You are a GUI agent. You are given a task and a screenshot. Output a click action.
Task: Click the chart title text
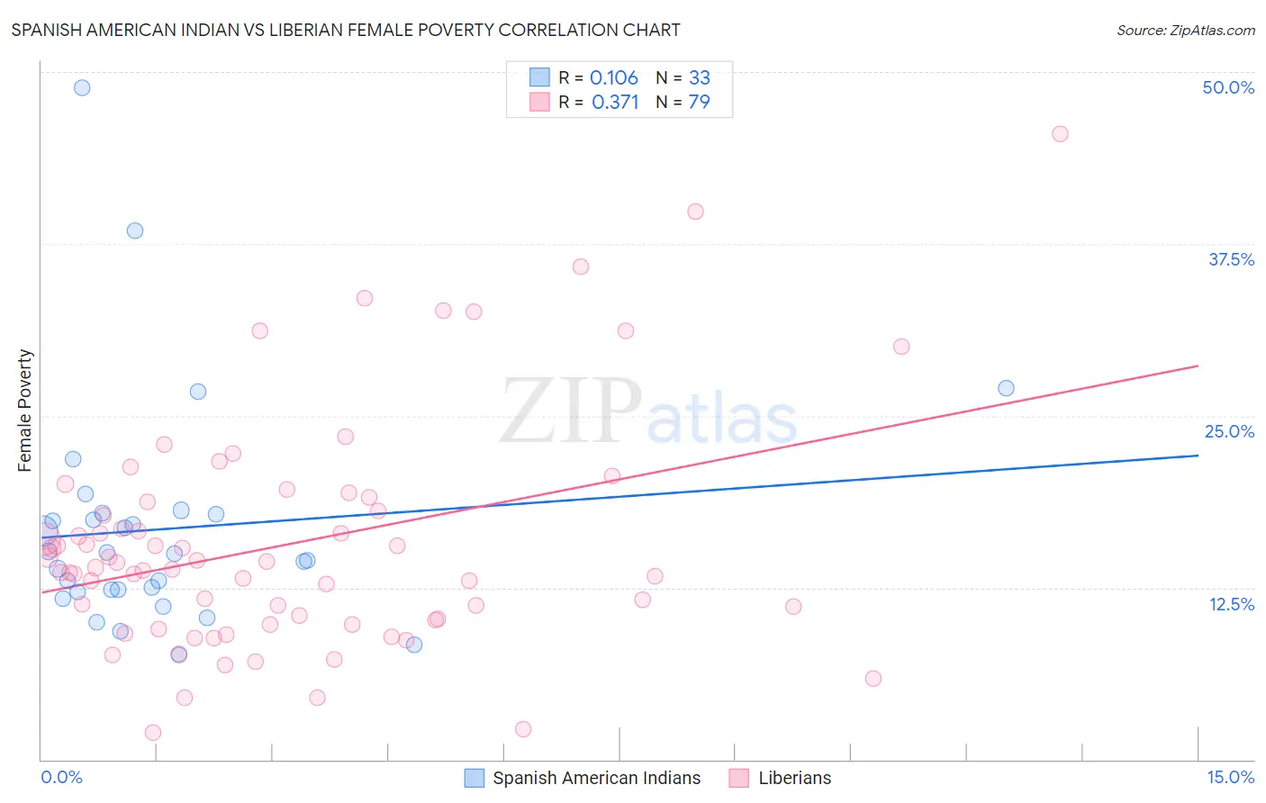click(x=346, y=30)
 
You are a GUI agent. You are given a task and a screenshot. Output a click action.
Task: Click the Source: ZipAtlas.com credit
click(x=1185, y=30)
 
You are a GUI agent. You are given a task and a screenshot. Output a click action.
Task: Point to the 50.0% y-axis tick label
click(x=1228, y=87)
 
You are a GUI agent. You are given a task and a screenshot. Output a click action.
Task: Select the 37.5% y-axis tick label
click(x=1231, y=259)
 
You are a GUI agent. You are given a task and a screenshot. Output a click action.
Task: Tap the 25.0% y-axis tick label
click(x=1229, y=431)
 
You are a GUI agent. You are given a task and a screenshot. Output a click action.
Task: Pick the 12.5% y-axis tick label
click(x=1231, y=604)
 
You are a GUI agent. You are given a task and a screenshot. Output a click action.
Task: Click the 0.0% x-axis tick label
click(x=61, y=777)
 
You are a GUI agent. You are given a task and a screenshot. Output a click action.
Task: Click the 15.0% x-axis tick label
click(x=1230, y=777)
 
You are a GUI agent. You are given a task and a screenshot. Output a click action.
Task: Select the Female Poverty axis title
click(x=24, y=411)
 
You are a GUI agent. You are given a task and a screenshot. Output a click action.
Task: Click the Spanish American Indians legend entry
click(x=596, y=778)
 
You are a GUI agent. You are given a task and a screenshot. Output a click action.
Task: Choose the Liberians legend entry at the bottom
click(x=794, y=778)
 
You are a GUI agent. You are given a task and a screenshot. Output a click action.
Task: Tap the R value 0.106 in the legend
click(x=614, y=77)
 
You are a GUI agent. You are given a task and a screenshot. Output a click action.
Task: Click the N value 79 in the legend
click(x=699, y=102)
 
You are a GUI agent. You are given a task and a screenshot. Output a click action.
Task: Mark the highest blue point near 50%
click(x=82, y=87)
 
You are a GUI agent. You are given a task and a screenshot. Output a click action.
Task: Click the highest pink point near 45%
click(x=1060, y=134)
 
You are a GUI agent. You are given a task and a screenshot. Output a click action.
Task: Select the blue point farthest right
click(x=1006, y=388)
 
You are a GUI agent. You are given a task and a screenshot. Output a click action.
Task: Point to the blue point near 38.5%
click(x=135, y=230)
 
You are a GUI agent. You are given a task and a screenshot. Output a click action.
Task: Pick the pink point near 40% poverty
click(x=695, y=212)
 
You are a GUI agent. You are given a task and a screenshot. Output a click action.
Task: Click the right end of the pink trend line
click(x=1198, y=366)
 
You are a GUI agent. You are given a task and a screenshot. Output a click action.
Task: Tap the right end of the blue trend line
click(x=1198, y=456)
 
